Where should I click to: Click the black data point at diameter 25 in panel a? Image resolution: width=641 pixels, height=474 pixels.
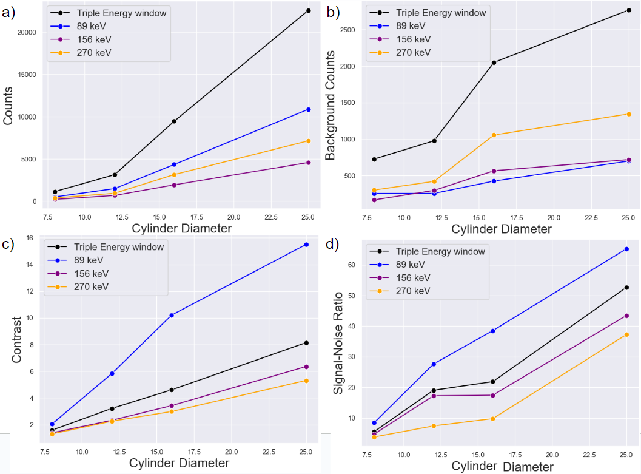(x=308, y=10)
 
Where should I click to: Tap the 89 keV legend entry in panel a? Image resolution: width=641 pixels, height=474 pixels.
(x=94, y=26)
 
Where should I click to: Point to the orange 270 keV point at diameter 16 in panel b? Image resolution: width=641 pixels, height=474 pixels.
(x=494, y=135)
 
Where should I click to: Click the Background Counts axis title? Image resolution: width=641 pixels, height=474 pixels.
(x=330, y=115)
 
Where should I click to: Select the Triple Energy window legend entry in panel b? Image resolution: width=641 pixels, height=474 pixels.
(x=440, y=12)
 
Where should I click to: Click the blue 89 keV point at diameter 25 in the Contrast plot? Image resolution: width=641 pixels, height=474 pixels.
(x=307, y=245)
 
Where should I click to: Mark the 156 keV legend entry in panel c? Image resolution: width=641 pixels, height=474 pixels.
(x=92, y=273)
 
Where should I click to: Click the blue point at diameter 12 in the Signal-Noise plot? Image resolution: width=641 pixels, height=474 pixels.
(x=434, y=364)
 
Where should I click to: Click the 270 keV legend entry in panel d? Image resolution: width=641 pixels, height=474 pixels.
(x=412, y=291)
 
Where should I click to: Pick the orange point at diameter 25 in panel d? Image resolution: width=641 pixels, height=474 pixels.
(x=626, y=334)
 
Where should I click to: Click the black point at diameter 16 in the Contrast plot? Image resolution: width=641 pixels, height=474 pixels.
(x=172, y=390)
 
